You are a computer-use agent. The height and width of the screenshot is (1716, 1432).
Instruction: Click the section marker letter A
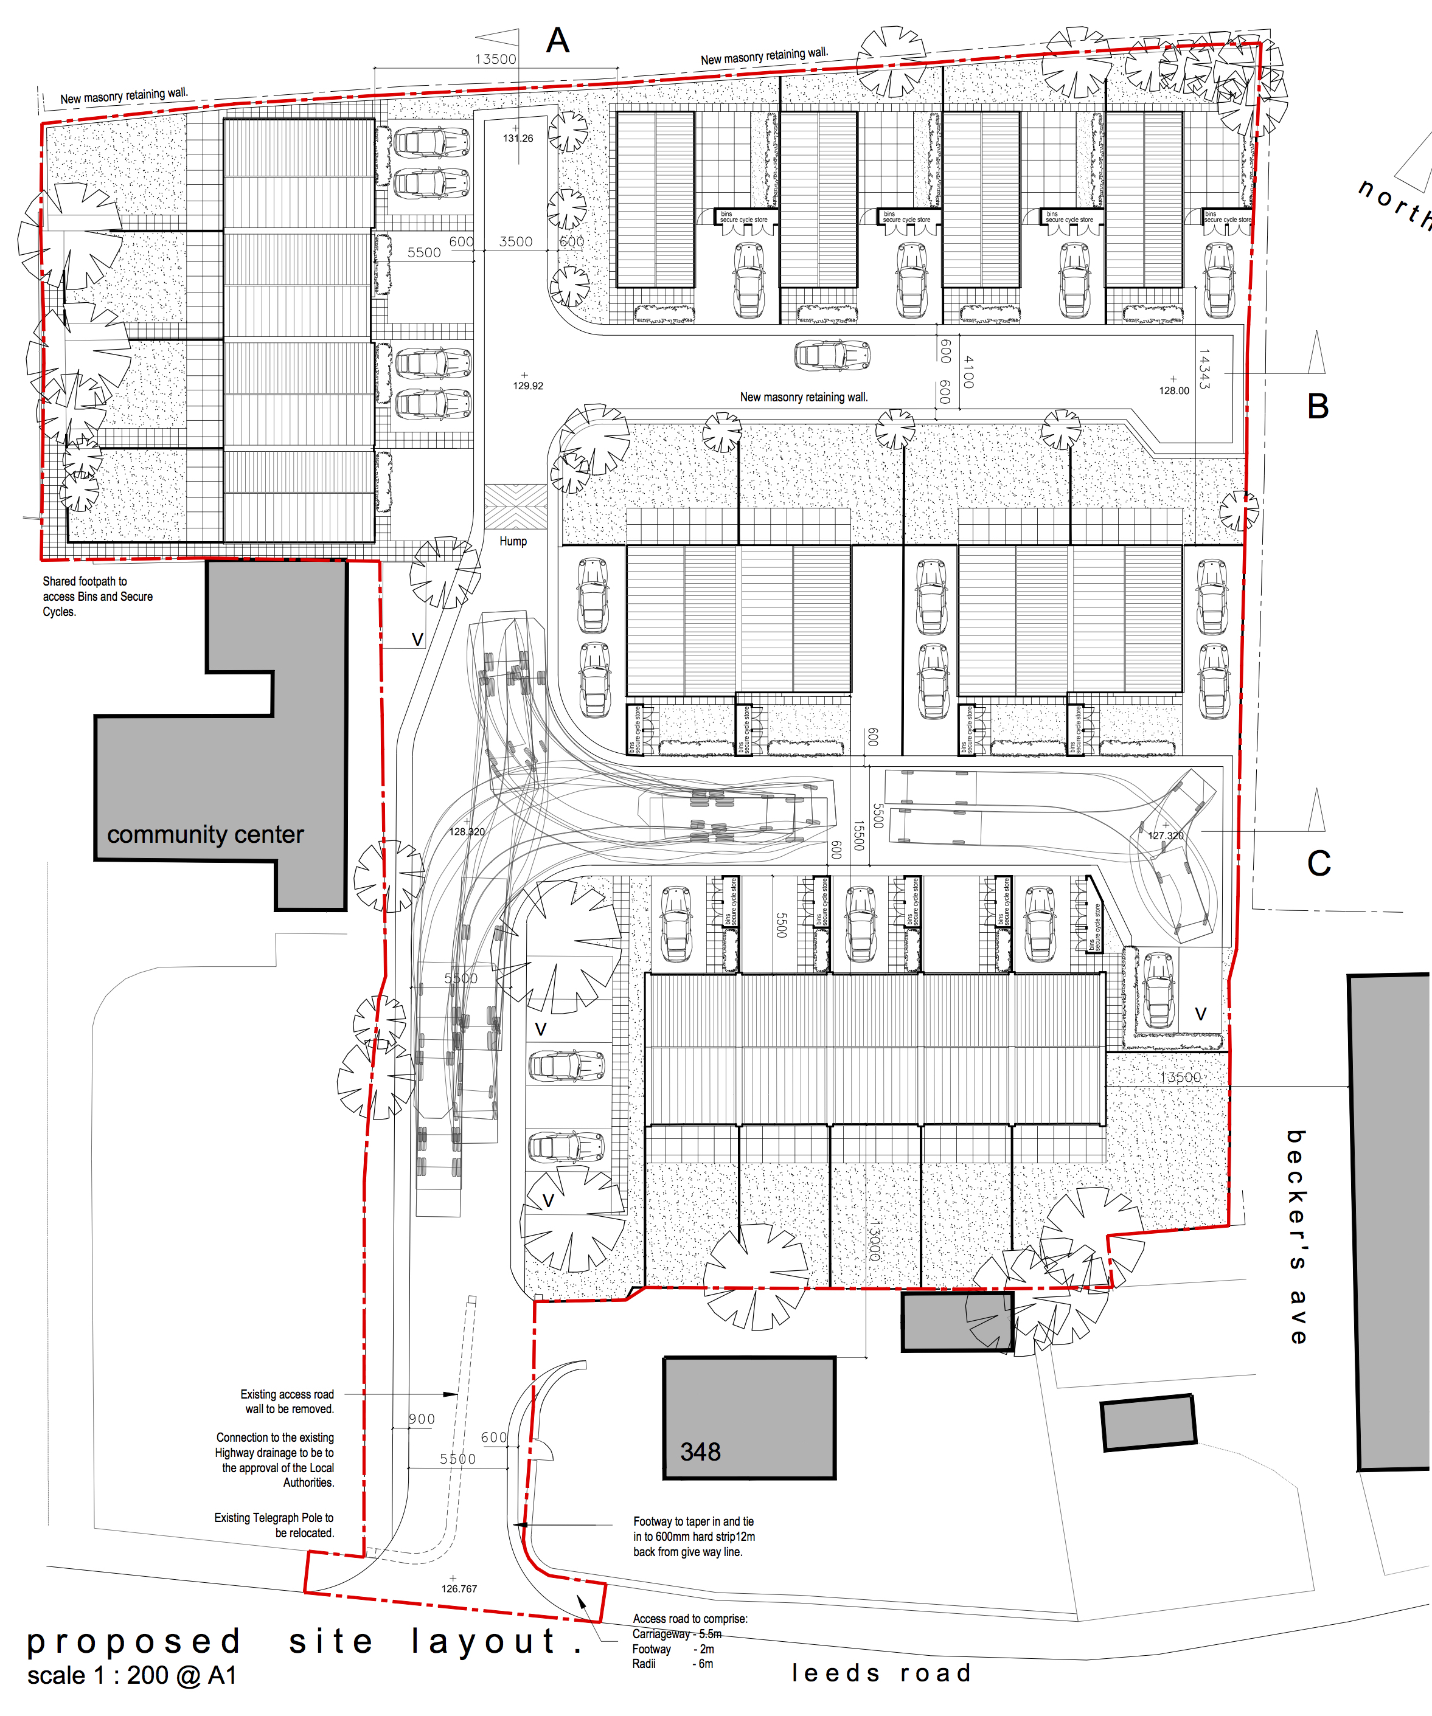[557, 41]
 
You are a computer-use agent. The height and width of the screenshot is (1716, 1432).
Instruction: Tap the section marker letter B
[1318, 406]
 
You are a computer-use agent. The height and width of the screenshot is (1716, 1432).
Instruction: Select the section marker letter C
[1318, 863]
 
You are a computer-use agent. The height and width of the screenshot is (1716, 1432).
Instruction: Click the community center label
[205, 834]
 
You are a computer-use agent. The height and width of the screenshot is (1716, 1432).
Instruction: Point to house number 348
[700, 1451]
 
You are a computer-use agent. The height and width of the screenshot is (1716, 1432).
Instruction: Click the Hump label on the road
[513, 541]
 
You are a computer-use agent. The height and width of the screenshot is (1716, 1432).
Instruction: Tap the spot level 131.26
[518, 138]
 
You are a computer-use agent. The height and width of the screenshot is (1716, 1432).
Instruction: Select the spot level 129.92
[528, 386]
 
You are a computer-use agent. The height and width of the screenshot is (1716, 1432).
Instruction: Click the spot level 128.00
[1173, 390]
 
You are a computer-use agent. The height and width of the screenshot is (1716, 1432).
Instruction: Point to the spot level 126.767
[459, 1588]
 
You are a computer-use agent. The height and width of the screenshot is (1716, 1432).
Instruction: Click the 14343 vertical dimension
[1203, 369]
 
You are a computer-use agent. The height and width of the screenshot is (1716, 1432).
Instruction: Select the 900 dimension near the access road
[422, 1419]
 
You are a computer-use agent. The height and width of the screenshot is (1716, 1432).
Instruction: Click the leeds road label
[881, 1673]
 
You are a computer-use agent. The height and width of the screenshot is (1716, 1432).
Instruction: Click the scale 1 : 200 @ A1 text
[131, 1675]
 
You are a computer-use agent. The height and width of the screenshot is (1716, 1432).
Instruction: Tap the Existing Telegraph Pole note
[274, 1525]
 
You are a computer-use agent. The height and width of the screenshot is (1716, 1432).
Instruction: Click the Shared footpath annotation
[97, 597]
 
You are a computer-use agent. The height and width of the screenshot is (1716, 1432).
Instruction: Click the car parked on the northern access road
[832, 355]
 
